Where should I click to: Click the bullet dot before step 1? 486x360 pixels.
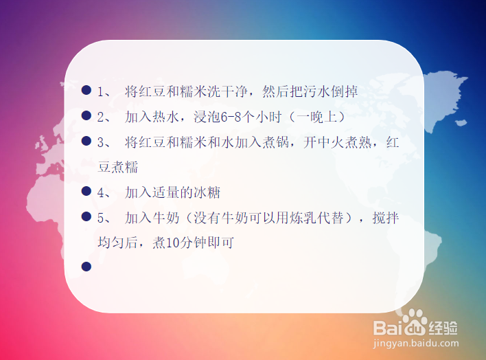[x=86, y=91]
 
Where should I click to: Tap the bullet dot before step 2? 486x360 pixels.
[x=86, y=116]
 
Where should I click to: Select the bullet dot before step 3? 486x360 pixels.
[x=86, y=142]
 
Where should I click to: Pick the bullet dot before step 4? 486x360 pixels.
[x=86, y=192]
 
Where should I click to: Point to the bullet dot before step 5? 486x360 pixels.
[x=86, y=217]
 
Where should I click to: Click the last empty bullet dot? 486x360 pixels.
[x=86, y=267]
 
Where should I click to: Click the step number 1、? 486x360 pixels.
[x=104, y=91]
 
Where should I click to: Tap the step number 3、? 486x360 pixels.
[x=104, y=142]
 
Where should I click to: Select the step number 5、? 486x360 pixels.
[x=104, y=218]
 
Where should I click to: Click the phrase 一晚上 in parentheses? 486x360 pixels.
[x=316, y=117]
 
